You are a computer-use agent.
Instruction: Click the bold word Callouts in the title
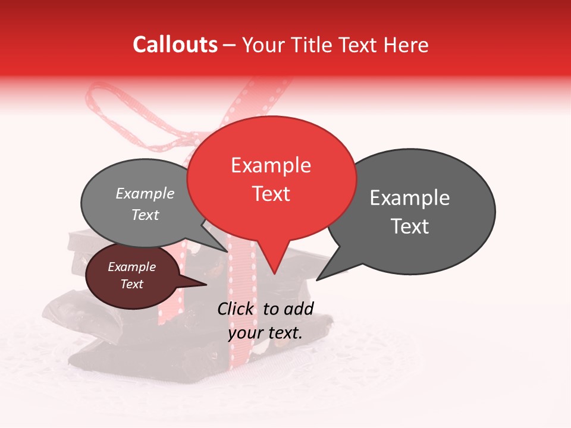pos(175,45)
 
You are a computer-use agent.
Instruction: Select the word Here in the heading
pos(406,45)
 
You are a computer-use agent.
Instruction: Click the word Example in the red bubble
pos(271,165)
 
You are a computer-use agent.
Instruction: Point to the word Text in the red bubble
pos(271,194)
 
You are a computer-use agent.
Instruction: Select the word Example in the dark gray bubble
pos(409,198)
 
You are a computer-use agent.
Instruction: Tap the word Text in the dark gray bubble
pos(410,226)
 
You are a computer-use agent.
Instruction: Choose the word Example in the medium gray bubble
pos(145,194)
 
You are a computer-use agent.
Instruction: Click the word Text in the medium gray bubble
pos(145,215)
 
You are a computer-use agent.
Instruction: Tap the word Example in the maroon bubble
pos(131,267)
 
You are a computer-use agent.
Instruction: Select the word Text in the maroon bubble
pos(131,284)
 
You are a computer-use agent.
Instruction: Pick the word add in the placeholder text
pos(299,309)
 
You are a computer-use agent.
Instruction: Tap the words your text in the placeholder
pos(265,333)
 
